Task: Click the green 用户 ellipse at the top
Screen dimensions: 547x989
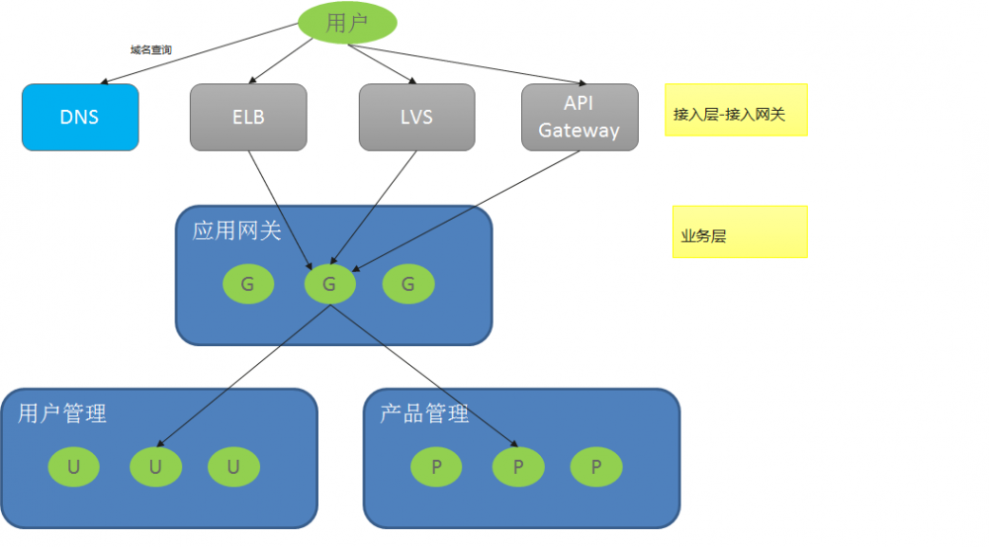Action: [x=347, y=23]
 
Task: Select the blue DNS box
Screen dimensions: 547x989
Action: [x=80, y=117]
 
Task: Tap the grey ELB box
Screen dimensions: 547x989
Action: [x=248, y=117]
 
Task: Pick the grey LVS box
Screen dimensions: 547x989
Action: [x=416, y=117]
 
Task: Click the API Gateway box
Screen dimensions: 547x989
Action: [x=579, y=117]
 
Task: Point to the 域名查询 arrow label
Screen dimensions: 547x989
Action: [x=150, y=48]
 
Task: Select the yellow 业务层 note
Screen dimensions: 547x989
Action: [x=740, y=232]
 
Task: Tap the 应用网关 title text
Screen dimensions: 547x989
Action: [x=236, y=231]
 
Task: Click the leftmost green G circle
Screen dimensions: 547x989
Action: [x=248, y=285]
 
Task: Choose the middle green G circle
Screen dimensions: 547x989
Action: [x=329, y=285]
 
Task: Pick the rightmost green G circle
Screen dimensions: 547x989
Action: [x=408, y=285]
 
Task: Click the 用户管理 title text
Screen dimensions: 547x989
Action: [x=62, y=413]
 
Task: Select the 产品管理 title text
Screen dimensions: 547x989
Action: [x=424, y=413]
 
